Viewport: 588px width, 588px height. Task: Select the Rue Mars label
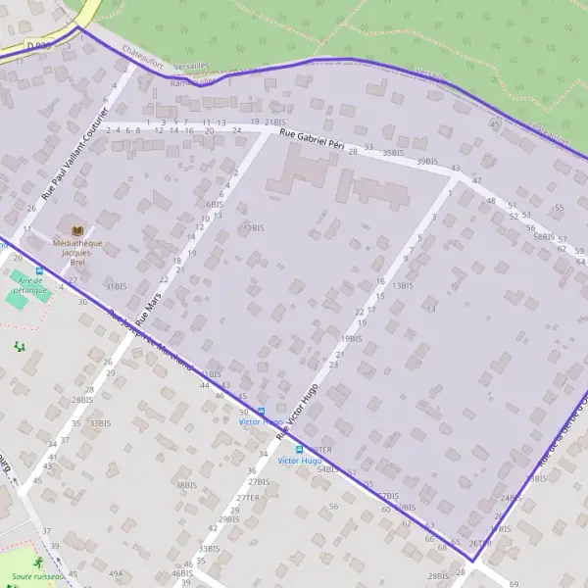point(149,307)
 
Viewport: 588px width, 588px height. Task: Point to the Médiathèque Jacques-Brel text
point(77,250)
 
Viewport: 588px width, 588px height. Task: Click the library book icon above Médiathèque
point(77,230)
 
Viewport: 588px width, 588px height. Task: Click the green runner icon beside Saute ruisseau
point(38,563)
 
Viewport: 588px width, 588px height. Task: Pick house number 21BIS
point(274,122)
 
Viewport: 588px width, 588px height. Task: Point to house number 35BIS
point(393,153)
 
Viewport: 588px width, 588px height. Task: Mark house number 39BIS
point(426,161)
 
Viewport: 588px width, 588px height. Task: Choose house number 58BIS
point(543,236)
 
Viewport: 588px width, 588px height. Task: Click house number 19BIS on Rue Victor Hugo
point(351,338)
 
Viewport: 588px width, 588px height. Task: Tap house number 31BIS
point(116,286)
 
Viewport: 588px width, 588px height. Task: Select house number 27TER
point(247,497)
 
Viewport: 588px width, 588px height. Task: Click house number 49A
point(116,573)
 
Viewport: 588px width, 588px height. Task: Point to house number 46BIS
point(182,573)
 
